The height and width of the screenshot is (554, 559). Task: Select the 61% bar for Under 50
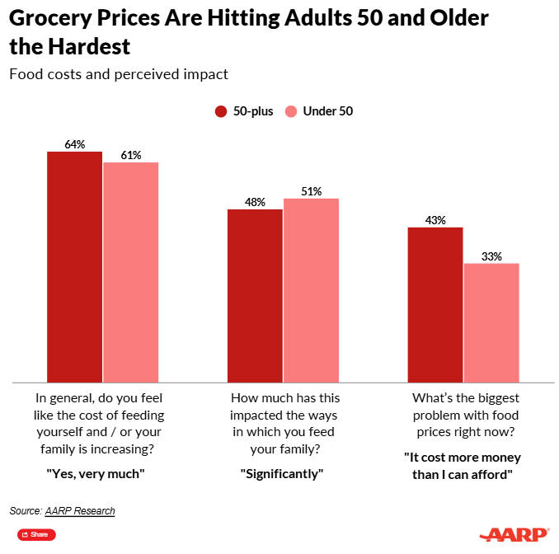point(130,272)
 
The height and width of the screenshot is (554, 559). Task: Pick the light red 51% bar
point(311,290)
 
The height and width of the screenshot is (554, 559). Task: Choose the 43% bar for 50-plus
point(435,304)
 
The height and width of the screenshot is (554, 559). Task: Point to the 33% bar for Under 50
point(491,322)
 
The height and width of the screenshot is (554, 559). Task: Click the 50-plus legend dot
point(221,111)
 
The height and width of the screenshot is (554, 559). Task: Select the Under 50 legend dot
point(291,111)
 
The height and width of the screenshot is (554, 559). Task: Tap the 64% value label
point(74,144)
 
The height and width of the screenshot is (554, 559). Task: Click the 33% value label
point(491,256)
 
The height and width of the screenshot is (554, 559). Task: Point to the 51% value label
point(311,191)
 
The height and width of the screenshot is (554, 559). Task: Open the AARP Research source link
point(80,511)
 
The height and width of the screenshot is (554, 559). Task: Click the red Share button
point(36,535)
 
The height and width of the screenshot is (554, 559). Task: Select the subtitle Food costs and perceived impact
point(118,74)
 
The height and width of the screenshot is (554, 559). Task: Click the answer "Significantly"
point(283,473)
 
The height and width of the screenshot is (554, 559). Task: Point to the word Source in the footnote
point(26,511)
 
